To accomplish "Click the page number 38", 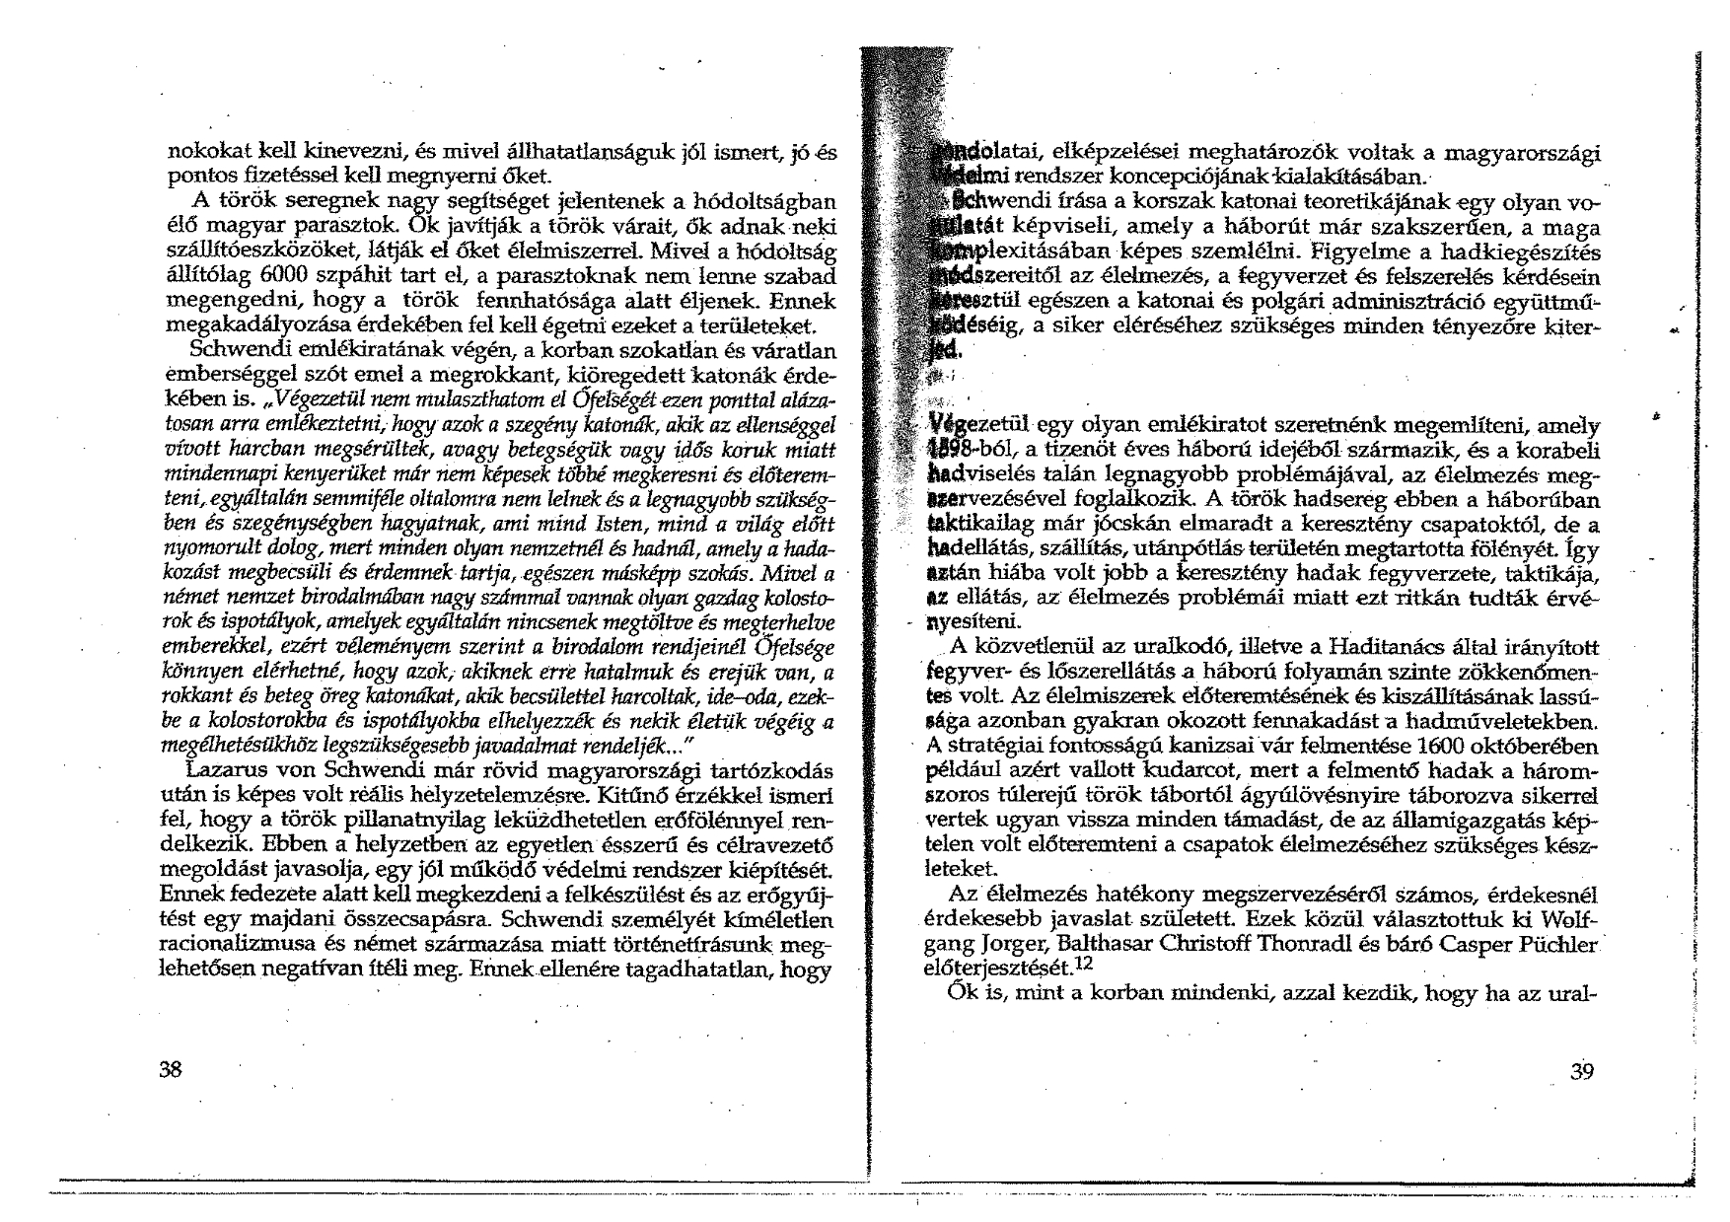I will point(172,1071).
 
